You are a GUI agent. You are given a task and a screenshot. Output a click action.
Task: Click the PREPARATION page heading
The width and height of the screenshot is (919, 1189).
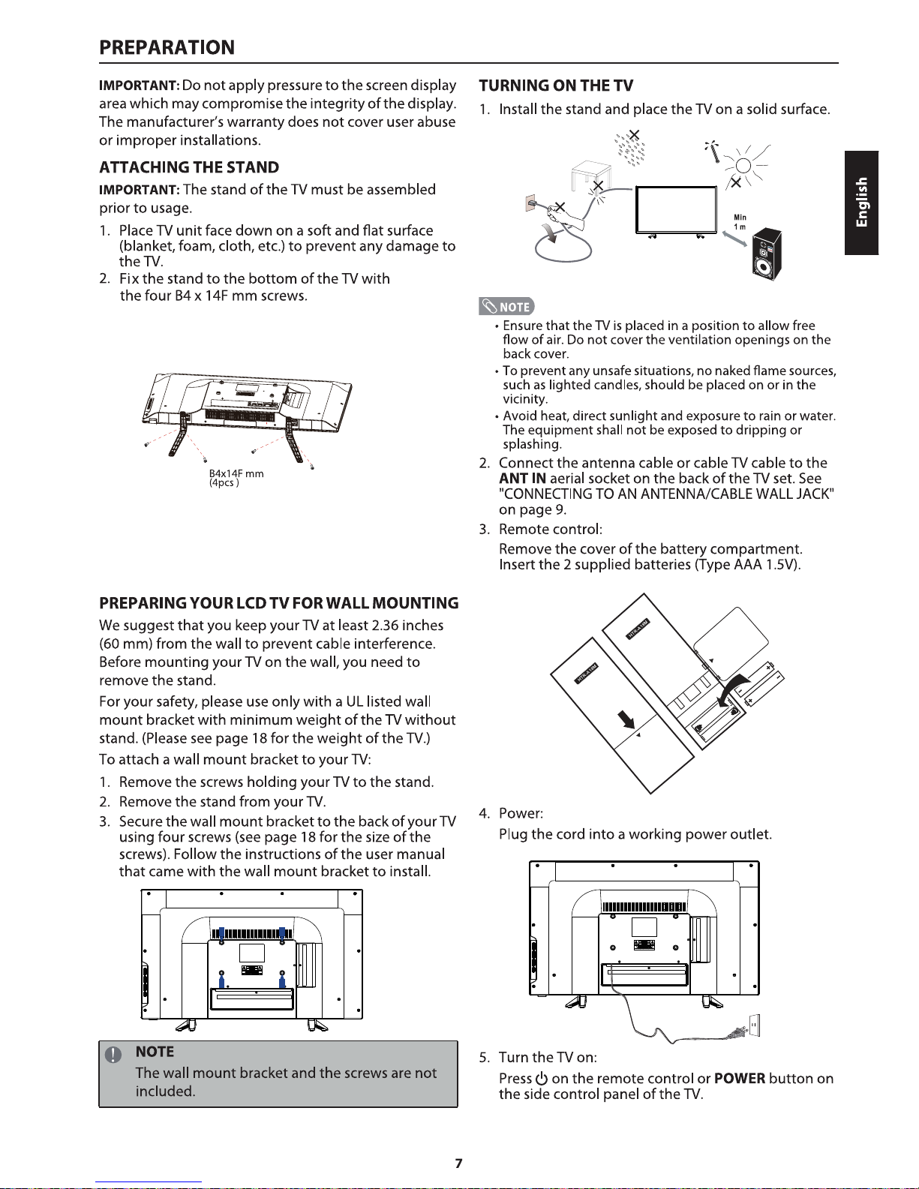pyautogui.click(x=167, y=47)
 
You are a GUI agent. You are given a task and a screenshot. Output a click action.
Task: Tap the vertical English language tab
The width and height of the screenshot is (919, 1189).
pyautogui.click(x=861, y=203)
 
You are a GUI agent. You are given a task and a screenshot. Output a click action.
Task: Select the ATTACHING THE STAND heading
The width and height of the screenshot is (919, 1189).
pyautogui.click(x=189, y=167)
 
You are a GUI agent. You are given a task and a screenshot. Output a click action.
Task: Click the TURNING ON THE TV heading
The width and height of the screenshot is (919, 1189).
pyautogui.click(x=556, y=85)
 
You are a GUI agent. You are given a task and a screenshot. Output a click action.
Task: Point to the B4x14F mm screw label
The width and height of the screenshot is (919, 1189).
pyautogui.click(x=236, y=474)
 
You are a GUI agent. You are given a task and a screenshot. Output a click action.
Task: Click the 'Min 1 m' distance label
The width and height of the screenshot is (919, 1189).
pyautogui.click(x=740, y=223)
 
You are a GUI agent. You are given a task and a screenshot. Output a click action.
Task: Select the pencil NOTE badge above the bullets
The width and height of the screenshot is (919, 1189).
pyautogui.click(x=508, y=306)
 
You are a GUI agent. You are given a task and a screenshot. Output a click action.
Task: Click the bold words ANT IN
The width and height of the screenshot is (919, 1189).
pyautogui.click(x=522, y=479)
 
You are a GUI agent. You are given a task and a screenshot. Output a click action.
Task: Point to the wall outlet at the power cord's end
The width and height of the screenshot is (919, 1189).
pyautogui.click(x=755, y=1024)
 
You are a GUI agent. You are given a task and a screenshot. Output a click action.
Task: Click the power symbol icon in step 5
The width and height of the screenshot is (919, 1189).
pyautogui.click(x=542, y=1079)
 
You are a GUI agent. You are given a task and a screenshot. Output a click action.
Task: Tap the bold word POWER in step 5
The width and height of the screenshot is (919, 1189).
pyautogui.click(x=740, y=1079)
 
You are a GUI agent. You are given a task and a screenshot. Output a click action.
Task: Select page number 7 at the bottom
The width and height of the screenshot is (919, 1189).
pyautogui.click(x=458, y=1163)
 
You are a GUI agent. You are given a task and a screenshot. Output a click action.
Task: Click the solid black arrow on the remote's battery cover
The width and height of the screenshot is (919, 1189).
pyautogui.click(x=626, y=719)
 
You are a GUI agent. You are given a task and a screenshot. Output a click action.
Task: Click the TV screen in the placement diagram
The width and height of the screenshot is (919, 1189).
pyautogui.click(x=676, y=209)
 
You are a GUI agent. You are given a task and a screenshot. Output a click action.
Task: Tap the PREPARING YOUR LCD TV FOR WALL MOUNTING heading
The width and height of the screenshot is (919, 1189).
pyautogui.click(x=278, y=603)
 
